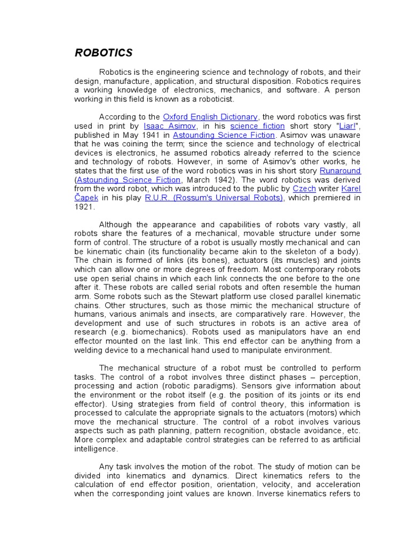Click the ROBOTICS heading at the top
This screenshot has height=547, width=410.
coord(104,53)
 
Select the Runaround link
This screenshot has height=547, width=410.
coord(340,170)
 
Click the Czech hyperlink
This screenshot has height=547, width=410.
coord(304,189)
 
